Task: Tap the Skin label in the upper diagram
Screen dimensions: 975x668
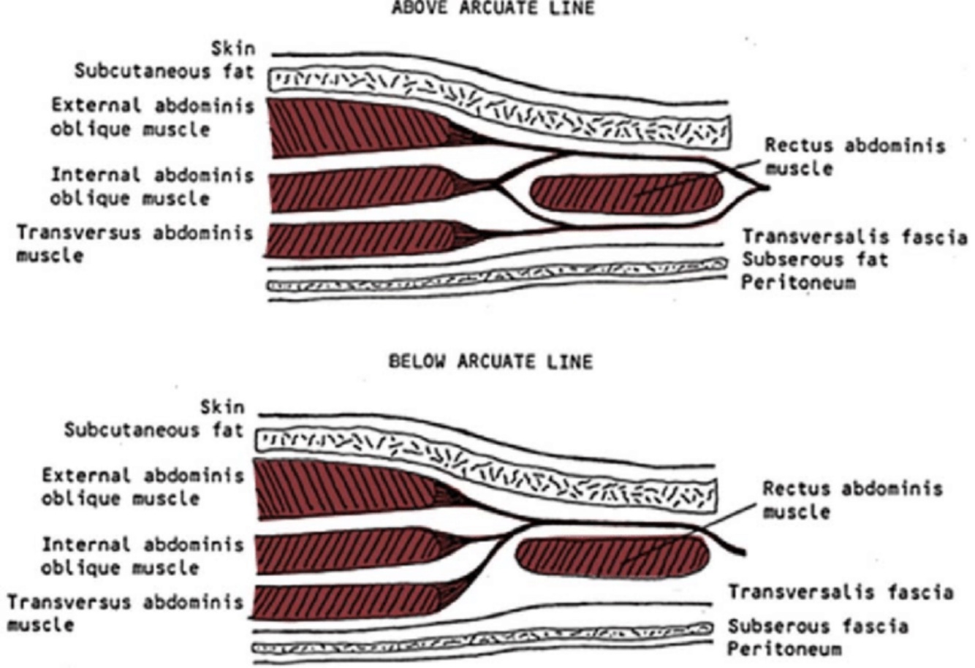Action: click(233, 50)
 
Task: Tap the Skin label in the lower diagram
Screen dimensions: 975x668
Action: click(223, 406)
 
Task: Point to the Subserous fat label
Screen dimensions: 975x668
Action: click(815, 260)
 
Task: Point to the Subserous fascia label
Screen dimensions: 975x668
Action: click(819, 626)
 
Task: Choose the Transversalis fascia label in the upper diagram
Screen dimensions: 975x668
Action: click(854, 238)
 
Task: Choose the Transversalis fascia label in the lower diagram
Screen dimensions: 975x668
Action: click(841, 592)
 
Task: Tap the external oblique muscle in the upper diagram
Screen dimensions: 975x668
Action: click(351, 128)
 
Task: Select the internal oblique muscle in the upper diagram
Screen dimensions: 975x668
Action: click(358, 191)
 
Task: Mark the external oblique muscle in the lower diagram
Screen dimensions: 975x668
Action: click(344, 488)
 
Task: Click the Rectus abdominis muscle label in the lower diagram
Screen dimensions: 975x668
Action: click(851, 500)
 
